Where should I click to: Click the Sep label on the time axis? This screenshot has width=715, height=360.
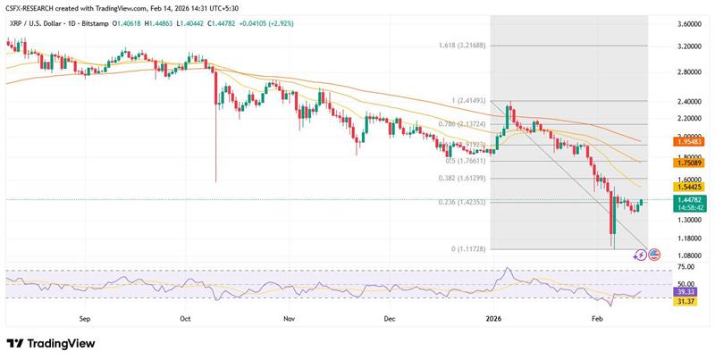[x=85, y=317]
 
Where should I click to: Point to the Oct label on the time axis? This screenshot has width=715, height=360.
[x=185, y=317]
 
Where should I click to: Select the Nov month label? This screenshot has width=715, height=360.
[x=288, y=317]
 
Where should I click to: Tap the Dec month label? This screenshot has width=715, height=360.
[x=390, y=317]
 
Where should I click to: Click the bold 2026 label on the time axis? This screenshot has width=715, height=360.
[x=493, y=317]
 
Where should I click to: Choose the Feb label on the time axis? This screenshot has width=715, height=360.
[x=596, y=317]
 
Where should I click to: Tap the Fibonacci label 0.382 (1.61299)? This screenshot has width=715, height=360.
[x=463, y=179]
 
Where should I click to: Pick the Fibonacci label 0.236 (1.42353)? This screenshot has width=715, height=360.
[x=463, y=203]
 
